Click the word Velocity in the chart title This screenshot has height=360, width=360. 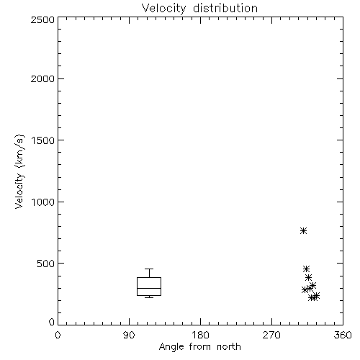click(163, 9)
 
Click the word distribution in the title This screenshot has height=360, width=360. click(225, 8)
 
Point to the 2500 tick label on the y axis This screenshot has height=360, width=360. click(42, 19)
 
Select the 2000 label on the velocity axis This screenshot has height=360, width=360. click(42, 78)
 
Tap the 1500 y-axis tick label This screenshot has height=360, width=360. click(43, 140)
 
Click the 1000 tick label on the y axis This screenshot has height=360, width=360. click(43, 202)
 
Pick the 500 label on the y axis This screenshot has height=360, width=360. click(46, 264)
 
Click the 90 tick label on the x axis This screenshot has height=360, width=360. click(129, 335)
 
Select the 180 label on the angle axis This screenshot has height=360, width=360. click(200, 335)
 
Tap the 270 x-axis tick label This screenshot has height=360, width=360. click(271, 335)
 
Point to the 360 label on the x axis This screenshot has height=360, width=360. click(343, 335)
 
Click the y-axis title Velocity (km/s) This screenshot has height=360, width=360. click(19, 171)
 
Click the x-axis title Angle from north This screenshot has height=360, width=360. click(200, 347)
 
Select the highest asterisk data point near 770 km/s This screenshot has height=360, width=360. click(304, 230)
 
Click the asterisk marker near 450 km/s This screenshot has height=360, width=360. click(306, 269)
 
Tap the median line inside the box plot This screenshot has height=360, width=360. click(149, 288)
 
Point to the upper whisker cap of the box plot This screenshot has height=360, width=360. click(149, 269)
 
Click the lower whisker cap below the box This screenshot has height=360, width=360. click(149, 297)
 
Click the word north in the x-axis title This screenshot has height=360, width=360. click(229, 346)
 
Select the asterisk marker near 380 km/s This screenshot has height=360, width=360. click(308, 277)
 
